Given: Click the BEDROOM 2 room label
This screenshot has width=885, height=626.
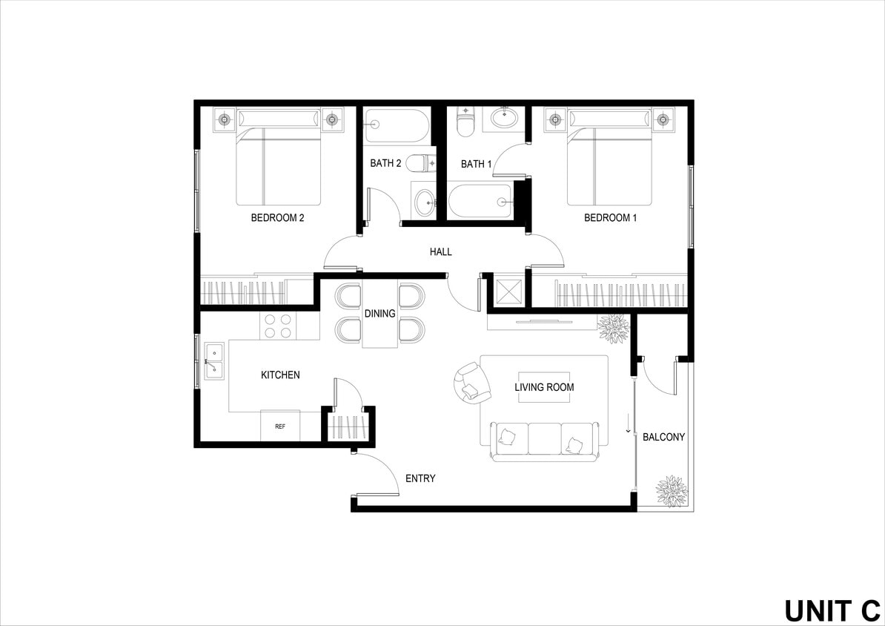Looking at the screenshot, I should point(278,218).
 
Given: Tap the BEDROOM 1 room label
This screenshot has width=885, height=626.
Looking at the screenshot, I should point(610,218).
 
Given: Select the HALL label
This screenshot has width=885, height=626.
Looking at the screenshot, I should point(440,252).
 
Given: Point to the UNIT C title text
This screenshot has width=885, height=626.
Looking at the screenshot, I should point(832,610).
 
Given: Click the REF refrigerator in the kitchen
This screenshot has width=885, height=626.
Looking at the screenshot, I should point(280,426).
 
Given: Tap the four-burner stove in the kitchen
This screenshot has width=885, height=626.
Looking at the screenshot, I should point(278,326).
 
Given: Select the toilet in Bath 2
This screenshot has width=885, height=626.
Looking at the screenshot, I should point(422,162).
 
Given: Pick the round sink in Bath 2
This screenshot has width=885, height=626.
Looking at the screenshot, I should point(425,201).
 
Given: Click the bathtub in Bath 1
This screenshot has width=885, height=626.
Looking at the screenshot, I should point(480,201).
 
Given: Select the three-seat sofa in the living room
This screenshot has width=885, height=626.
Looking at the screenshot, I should point(545,442).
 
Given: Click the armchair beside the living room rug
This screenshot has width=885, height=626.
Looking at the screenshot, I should point(468,382).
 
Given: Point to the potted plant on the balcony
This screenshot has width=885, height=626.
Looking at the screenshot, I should point(672,491).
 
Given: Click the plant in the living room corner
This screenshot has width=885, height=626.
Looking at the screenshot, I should point(614,328).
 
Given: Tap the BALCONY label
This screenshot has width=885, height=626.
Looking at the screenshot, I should point(663,437).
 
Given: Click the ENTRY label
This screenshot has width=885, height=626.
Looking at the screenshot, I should point(420,478).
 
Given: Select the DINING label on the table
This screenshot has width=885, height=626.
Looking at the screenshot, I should point(379,314).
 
